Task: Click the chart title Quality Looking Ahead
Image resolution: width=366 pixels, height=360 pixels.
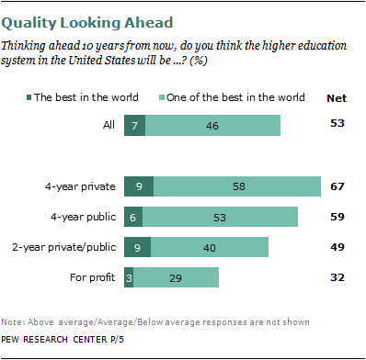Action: tap(87, 23)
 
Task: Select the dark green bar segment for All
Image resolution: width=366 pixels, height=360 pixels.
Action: tap(135, 125)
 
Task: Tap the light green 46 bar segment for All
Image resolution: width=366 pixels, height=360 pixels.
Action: tap(213, 125)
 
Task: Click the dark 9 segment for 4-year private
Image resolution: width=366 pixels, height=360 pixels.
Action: tap(139, 186)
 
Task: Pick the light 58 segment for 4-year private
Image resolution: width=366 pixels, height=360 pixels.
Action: tap(237, 186)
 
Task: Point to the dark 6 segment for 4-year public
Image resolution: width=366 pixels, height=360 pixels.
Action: tap(133, 217)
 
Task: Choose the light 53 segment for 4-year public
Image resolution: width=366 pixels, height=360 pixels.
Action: tap(221, 217)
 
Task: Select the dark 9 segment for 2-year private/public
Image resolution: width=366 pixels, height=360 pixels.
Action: tap(137, 247)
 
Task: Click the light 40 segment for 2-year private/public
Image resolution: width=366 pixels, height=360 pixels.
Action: tap(210, 247)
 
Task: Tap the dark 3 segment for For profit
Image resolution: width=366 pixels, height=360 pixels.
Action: tap(129, 277)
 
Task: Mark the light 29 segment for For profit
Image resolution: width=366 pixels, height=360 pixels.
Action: tap(177, 277)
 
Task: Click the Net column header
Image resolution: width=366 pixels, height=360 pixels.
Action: tap(337, 98)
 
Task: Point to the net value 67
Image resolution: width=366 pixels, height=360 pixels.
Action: tap(337, 186)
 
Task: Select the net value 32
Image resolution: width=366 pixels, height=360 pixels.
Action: tap(337, 277)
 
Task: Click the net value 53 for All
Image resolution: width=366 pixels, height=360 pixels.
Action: tap(337, 123)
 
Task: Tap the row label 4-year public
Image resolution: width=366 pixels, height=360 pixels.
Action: tap(84, 217)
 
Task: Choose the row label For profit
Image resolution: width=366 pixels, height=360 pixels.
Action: tap(92, 277)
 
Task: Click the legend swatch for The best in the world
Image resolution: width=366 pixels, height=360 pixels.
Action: tap(29, 97)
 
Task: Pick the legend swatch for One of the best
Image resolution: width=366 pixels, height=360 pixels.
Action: tap(162, 97)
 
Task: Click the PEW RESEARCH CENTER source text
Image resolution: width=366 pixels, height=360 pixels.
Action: tap(63, 340)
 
